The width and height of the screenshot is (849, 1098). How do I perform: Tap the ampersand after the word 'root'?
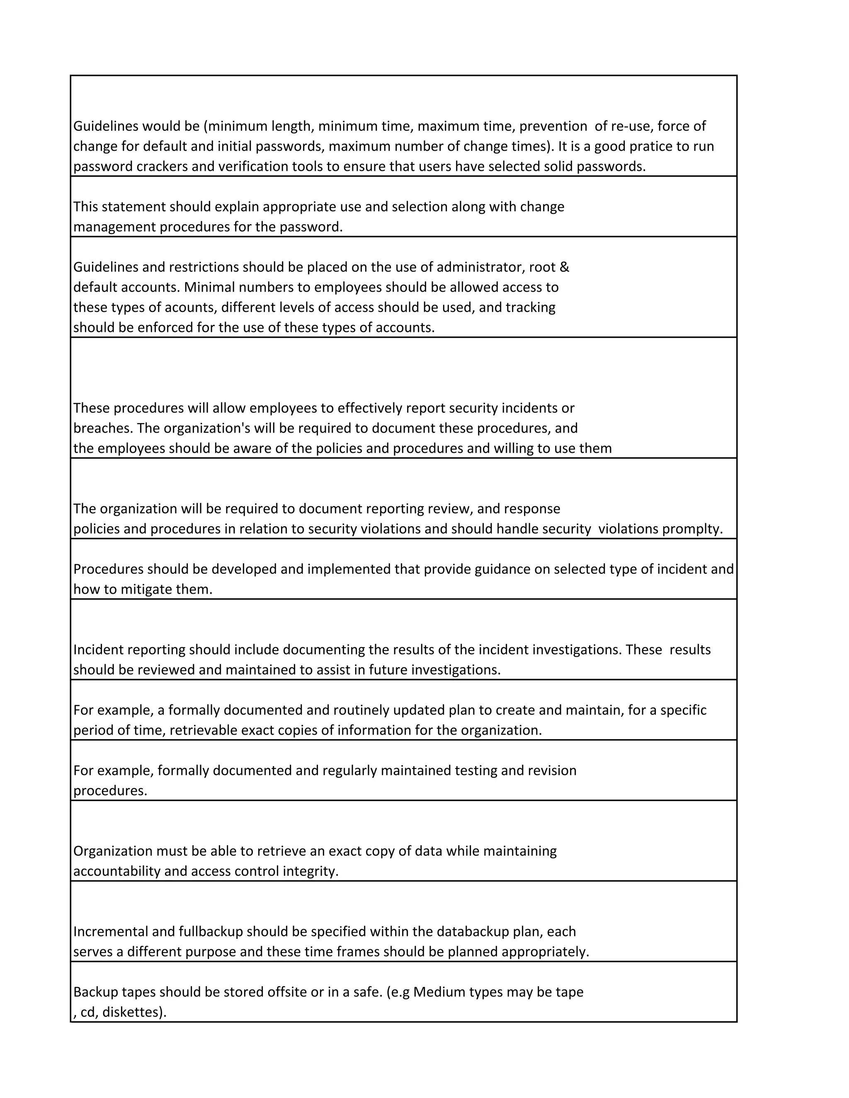(564, 267)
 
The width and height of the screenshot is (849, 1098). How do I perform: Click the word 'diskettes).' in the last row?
(134, 1012)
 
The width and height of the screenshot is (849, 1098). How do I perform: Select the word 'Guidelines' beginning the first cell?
(105, 126)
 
